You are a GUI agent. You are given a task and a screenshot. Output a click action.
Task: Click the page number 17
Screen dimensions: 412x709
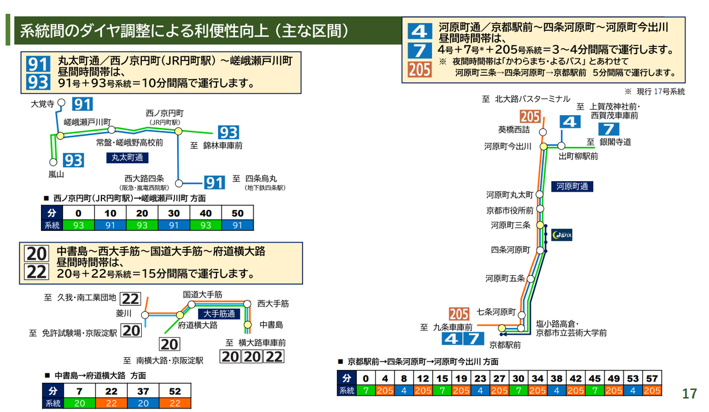point(689,394)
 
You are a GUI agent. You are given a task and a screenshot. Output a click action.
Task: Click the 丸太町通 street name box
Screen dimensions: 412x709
point(127,158)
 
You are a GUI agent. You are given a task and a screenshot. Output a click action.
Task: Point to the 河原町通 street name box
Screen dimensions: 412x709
point(572,186)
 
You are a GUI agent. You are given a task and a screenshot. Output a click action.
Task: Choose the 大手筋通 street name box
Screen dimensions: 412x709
point(219,314)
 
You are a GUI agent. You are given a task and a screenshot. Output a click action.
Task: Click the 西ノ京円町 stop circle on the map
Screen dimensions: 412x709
point(178,131)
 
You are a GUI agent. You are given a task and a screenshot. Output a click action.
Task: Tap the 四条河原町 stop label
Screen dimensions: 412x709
point(510,250)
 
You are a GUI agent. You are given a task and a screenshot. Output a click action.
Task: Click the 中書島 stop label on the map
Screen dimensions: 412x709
point(271,325)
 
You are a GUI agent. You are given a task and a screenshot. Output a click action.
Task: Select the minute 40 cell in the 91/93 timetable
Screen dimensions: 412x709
point(205,213)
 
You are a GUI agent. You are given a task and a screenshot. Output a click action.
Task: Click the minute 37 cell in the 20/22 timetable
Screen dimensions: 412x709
point(143,392)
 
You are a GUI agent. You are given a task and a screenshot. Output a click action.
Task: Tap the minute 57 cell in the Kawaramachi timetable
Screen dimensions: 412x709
point(651,379)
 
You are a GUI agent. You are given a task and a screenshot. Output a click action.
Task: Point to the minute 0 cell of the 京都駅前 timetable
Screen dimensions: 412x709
point(366,379)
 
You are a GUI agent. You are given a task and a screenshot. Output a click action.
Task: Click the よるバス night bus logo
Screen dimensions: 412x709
point(562,236)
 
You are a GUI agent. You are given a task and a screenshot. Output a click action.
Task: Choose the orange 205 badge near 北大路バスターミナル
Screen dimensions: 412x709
point(530,117)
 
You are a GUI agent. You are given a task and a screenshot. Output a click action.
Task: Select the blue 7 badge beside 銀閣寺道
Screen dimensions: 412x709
point(609,129)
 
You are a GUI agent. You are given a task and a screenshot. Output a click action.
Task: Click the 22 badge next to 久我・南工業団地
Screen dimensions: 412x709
point(131,298)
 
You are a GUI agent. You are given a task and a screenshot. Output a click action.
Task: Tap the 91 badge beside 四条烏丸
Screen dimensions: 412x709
point(214,182)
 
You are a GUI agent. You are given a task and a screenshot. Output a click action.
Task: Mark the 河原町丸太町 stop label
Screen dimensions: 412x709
point(509,195)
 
